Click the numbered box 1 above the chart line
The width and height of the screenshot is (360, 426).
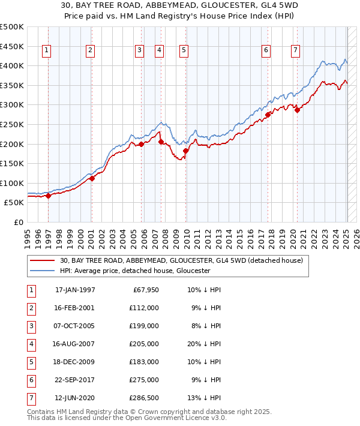[47, 51]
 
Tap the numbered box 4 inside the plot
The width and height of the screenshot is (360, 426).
[159, 51]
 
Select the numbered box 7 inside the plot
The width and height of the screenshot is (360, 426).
[296, 51]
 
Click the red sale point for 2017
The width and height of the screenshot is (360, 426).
[268, 115]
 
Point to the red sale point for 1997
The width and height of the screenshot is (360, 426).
[48, 196]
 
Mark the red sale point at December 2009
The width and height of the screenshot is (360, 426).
[186, 151]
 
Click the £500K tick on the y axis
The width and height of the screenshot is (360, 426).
[12, 27]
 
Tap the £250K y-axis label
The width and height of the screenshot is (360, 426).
[12, 124]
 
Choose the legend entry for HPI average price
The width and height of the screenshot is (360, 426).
[134, 271]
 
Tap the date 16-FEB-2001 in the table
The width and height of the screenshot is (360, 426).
[74, 308]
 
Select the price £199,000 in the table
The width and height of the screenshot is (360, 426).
[145, 326]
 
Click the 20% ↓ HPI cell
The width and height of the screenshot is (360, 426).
[204, 344]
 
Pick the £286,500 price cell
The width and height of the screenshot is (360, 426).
[145, 398]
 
